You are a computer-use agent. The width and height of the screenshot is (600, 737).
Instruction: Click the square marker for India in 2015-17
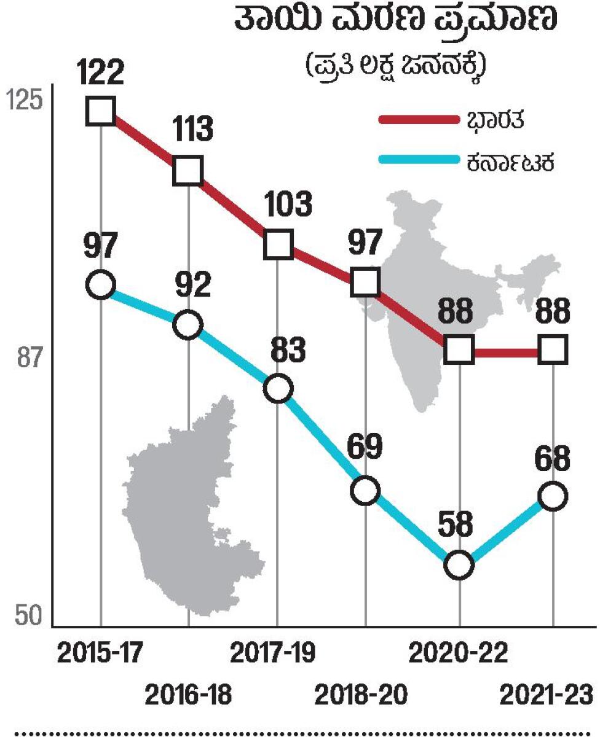point(101,112)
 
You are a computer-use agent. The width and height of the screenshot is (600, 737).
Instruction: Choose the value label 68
point(553,458)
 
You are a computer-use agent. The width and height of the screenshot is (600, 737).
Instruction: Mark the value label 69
point(366,450)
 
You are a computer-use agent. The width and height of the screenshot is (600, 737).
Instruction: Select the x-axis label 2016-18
point(188,696)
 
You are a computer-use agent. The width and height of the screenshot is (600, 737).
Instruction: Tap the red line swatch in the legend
point(418,120)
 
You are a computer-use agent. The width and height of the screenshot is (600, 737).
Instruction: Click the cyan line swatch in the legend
point(418,162)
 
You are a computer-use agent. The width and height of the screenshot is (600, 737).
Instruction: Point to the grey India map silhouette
point(430,276)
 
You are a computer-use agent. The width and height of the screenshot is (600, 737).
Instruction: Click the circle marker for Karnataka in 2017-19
point(278,388)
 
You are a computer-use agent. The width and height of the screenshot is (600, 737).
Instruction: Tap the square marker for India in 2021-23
point(553,350)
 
